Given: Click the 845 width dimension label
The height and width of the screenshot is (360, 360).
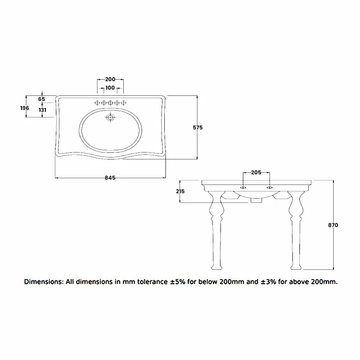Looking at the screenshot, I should coord(110,178).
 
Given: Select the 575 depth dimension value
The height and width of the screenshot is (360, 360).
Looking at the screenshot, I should coord(198,127).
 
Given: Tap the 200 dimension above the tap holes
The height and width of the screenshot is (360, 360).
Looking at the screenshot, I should coord(110,79).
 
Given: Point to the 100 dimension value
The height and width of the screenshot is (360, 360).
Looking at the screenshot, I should coord(110,88).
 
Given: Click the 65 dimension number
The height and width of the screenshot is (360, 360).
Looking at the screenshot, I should coord(42,99).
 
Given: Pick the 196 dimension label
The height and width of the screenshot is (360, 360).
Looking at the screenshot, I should coord(25,108).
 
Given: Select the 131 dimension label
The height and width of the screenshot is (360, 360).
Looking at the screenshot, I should coord(42,109).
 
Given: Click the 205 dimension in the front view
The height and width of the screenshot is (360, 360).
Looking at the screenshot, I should coord(256,172).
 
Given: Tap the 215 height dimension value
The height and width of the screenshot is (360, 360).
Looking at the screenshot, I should coord(180,191).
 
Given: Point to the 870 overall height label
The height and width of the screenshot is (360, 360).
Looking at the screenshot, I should coord(333,225).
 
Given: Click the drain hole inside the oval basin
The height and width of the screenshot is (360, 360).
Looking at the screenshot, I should coord(110,118).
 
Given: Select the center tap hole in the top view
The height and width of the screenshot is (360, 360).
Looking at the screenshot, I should coord(110,103).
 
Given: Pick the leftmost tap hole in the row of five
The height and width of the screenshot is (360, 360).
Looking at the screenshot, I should coord(97,103).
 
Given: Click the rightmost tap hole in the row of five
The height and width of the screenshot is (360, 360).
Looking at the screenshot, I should coord(123,103).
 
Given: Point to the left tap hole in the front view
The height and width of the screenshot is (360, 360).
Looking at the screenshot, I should coord(243,187).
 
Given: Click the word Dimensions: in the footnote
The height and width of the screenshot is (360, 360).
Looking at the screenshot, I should coord(44,282).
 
